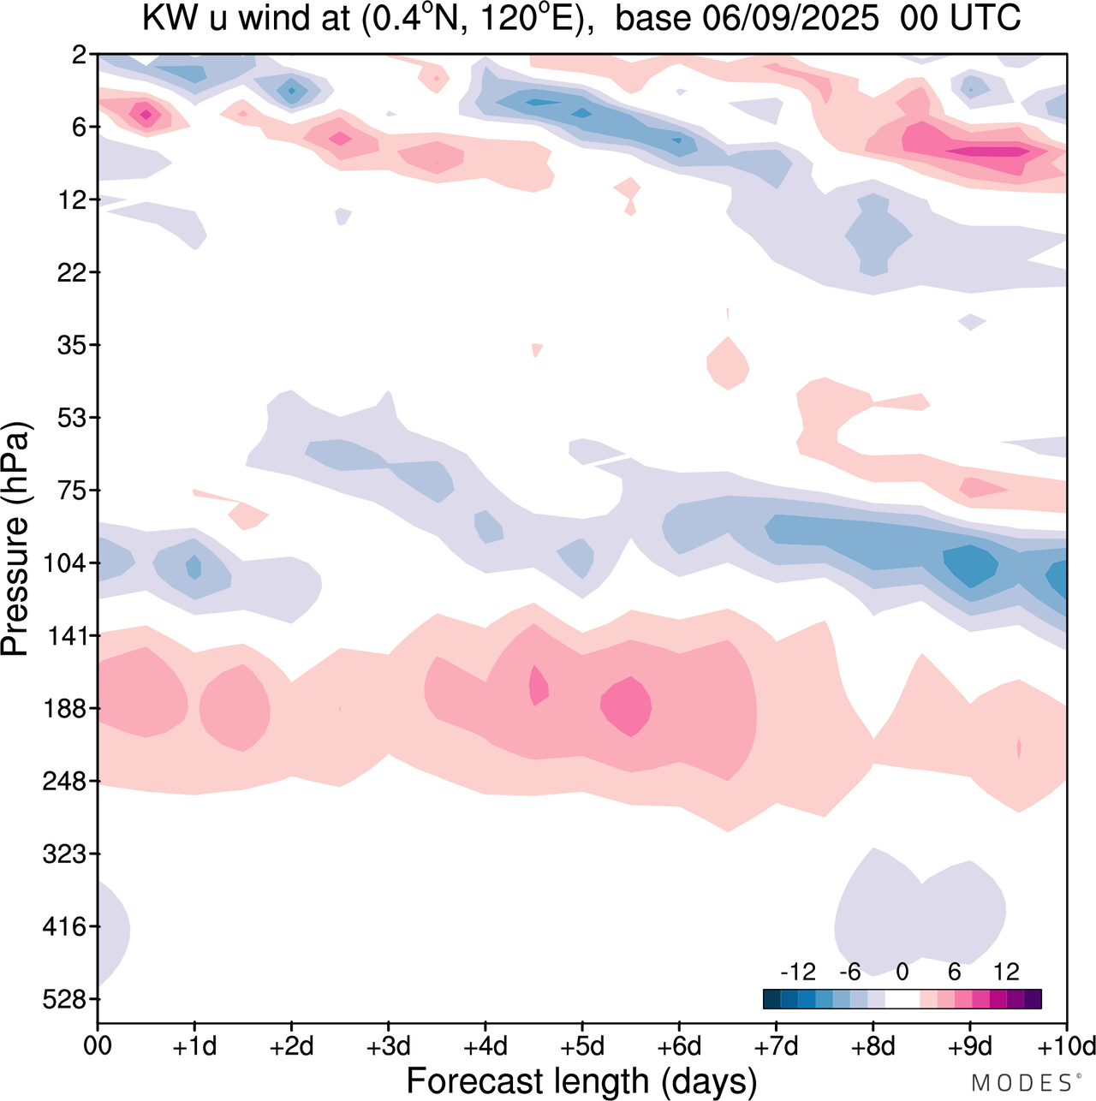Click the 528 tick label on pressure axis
click(x=64, y=999)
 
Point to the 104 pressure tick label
click(x=64, y=563)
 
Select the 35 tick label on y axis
click(x=70, y=345)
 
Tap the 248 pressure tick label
click(x=64, y=782)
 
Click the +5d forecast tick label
click(x=581, y=1046)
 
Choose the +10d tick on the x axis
click(x=1066, y=1046)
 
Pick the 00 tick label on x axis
click(x=98, y=1046)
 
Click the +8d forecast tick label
click(x=873, y=1046)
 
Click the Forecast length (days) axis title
click(x=581, y=1081)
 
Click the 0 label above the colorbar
click(x=902, y=972)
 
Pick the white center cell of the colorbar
click(x=902, y=999)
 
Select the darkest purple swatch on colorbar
click(x=1033, y=999)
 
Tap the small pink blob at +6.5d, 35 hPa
click(x=728, y=364)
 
